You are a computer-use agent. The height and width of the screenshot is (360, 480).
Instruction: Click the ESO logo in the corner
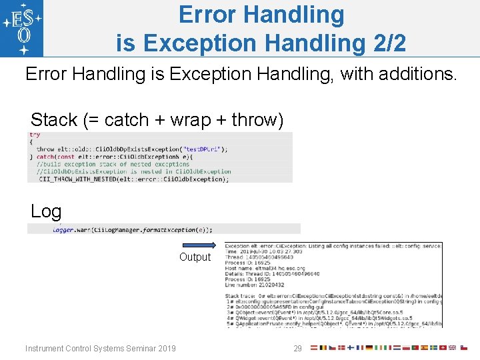22,28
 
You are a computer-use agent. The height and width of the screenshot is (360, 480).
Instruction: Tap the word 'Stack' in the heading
54,120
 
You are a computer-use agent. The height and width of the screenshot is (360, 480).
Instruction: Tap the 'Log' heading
46,212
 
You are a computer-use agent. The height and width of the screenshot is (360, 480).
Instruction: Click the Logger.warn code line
133,229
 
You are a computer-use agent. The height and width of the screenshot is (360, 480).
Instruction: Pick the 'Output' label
195,257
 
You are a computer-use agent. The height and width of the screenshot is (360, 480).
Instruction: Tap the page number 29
298,349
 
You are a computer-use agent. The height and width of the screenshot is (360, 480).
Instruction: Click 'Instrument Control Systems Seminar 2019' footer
101,349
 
